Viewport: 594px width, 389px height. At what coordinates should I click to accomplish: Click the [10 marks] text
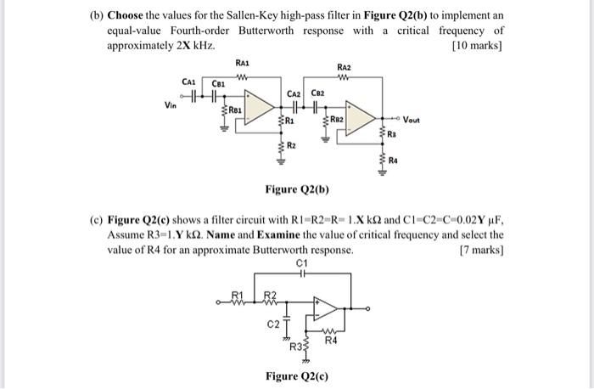click(479, 43)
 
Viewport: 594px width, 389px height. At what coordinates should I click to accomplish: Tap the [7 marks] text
click(481, 251)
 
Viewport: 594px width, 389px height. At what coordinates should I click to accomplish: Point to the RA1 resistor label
click(242, 63)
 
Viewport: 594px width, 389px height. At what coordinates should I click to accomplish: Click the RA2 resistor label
click(344, 66)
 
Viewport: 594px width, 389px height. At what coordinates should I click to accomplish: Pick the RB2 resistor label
click(338, 120)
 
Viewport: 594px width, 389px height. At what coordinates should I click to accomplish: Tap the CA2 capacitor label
click(294, 94)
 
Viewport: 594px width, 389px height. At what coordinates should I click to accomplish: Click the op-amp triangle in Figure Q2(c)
click(325, 306)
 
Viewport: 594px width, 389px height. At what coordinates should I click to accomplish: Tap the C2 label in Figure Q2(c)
click(273, 324)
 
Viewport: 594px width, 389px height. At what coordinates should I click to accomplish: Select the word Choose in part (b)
click(127, 16)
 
